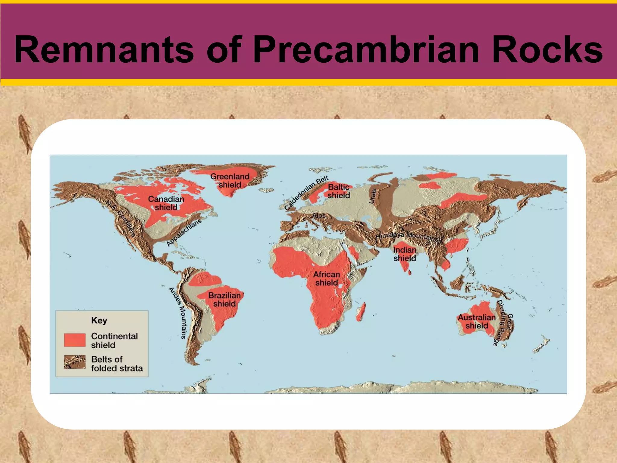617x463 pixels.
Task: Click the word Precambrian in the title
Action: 366,50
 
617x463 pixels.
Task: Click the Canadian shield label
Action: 166,203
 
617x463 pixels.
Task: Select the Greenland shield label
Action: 230,181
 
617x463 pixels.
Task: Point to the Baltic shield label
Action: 339,191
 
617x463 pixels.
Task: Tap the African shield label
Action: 327,279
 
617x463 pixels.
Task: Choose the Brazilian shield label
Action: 224,299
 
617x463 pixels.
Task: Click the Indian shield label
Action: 405,254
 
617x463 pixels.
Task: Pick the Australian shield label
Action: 477,321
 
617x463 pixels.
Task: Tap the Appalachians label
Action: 184,232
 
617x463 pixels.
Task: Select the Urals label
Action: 373,196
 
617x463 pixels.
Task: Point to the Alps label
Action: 319,216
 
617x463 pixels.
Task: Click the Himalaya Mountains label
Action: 408,236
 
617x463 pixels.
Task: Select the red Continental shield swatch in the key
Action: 75,340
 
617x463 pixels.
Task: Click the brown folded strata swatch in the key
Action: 75,362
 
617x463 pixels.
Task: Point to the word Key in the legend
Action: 99,320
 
